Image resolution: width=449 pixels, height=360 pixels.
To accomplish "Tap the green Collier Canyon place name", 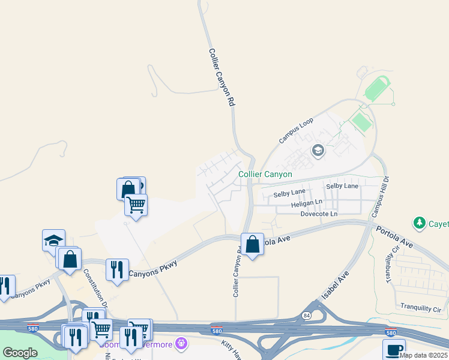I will (x=265, y=174).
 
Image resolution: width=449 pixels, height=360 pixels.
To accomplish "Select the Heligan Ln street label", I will (x=307, y=204).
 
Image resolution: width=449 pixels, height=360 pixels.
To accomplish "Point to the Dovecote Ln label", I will (x=319, y=214).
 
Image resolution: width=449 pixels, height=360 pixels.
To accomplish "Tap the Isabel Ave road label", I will (x=335, y=286).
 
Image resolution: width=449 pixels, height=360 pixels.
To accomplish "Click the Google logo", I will (x=20, y=353).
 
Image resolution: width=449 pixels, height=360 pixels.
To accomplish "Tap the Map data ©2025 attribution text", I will (x=423, y=355).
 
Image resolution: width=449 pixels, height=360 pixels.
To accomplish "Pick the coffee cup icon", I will (x=394, y=349).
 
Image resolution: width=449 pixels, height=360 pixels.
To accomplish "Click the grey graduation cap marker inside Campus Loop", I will (x=318, y=150).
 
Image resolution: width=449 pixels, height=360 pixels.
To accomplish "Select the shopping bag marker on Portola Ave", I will (x=253, y=244).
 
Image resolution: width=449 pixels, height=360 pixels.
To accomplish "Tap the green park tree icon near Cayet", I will (x=420, y=224).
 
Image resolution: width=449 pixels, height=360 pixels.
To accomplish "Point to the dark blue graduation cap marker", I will (x=53, y=240).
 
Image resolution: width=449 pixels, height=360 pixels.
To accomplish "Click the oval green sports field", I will (x=376, y=89).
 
